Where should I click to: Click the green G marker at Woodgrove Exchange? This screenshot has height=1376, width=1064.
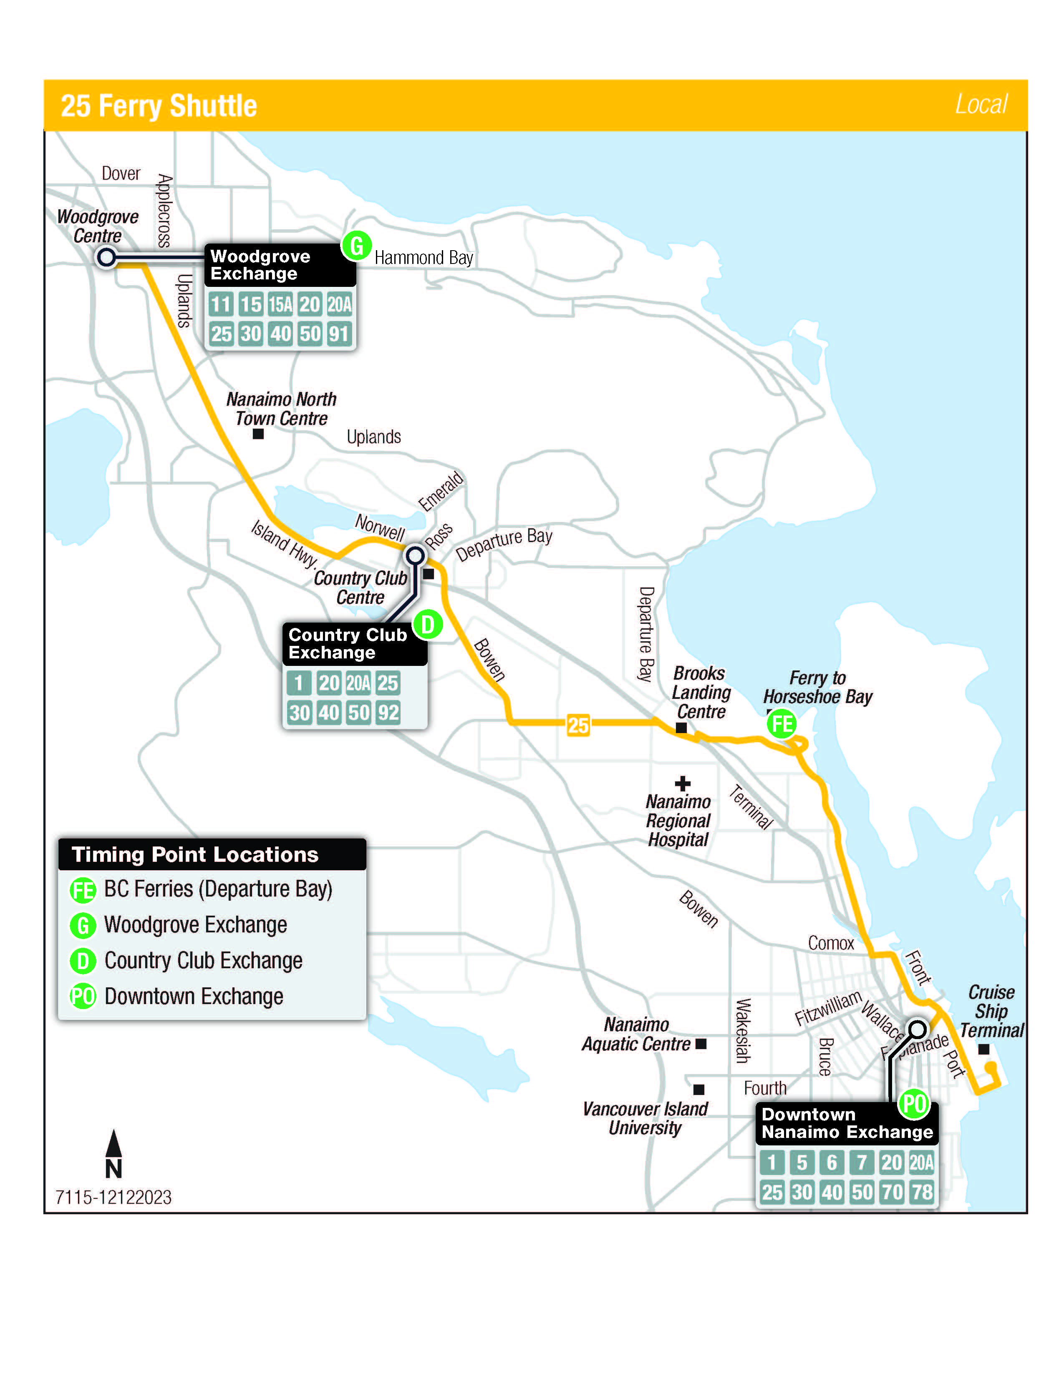coord(356,246)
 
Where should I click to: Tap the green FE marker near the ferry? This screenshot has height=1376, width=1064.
coord(781,723)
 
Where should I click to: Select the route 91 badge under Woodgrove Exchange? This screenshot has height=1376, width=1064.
coord(338,334)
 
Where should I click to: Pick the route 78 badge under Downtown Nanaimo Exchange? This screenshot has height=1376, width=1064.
coord(922,1192)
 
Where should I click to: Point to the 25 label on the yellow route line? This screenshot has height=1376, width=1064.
coord(577,725)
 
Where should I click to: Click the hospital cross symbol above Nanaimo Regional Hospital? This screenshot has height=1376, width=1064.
coord(682,784)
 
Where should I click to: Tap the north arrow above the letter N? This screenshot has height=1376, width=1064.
coord(113,1143)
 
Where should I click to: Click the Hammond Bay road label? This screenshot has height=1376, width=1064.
coord(424,258)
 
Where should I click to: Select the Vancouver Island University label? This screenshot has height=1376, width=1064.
coord(645,1118)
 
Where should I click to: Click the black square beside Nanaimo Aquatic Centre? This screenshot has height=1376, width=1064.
coord(701,1044)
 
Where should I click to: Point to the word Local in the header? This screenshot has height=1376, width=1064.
coord(981,104)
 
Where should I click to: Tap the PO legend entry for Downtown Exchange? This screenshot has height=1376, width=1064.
coord(83,997)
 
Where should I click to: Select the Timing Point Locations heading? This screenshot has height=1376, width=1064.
coord(195,854)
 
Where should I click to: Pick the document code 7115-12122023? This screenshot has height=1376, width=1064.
coord(113,1197)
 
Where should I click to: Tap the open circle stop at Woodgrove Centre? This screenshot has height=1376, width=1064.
coord(106,257)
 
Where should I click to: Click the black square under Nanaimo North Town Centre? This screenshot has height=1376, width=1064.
coord(258,434)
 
